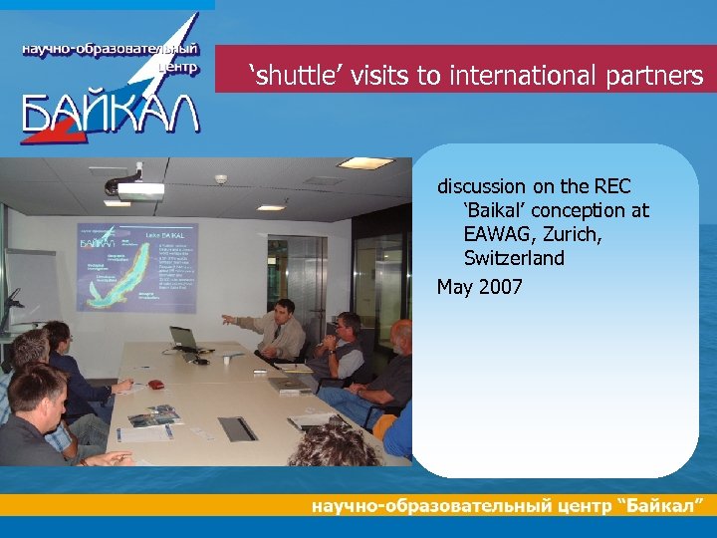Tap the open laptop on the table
[x=186, y=339]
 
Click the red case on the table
[x=155, y=383]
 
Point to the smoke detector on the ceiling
[x=221, y=179]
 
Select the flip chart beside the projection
[x=30, y=289]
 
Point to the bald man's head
[x=400, y=332]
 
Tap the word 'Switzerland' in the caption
[x=514, y=258]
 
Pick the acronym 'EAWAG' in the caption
[x=494, y=234]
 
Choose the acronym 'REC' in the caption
[x=612, y=186]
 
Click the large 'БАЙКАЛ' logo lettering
[x=110, y=112]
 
